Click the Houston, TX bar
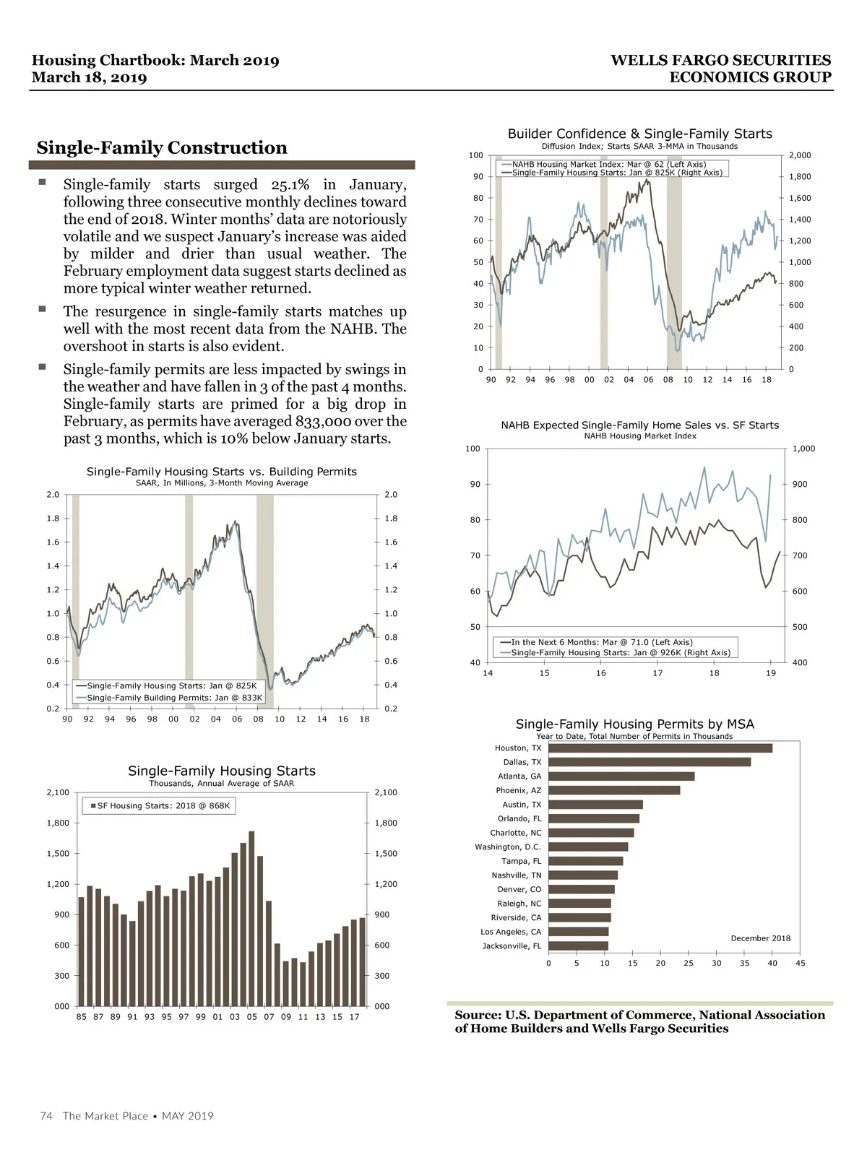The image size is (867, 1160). click(660, 748)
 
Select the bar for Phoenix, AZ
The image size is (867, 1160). click(614, 790)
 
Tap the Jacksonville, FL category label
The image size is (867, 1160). click(512, 946)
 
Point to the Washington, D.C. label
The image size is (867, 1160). click(508, 847)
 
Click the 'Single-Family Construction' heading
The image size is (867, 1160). click(162, 148)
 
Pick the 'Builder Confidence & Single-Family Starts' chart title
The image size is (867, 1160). click(639, 134)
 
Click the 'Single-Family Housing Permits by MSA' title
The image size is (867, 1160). click(634, 724)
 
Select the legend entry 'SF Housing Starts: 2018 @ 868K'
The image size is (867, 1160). click(163, 806)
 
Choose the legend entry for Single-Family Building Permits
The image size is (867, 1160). click(174, 698)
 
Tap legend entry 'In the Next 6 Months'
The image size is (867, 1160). click(601, 642)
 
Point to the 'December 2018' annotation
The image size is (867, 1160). click(760, 938)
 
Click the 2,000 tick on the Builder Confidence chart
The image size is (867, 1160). click(799, 155)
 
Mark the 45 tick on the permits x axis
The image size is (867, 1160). click(800, 964)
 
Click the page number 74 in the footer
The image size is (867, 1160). click(46, 1116)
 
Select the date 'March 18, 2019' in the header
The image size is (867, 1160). click(89, 78)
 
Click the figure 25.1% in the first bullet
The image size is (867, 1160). click(290, 185)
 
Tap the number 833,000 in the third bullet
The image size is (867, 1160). click(323, 422)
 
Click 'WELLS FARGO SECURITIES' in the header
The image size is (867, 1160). click(720, 61)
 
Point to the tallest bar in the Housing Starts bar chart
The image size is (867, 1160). click(251, 919)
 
